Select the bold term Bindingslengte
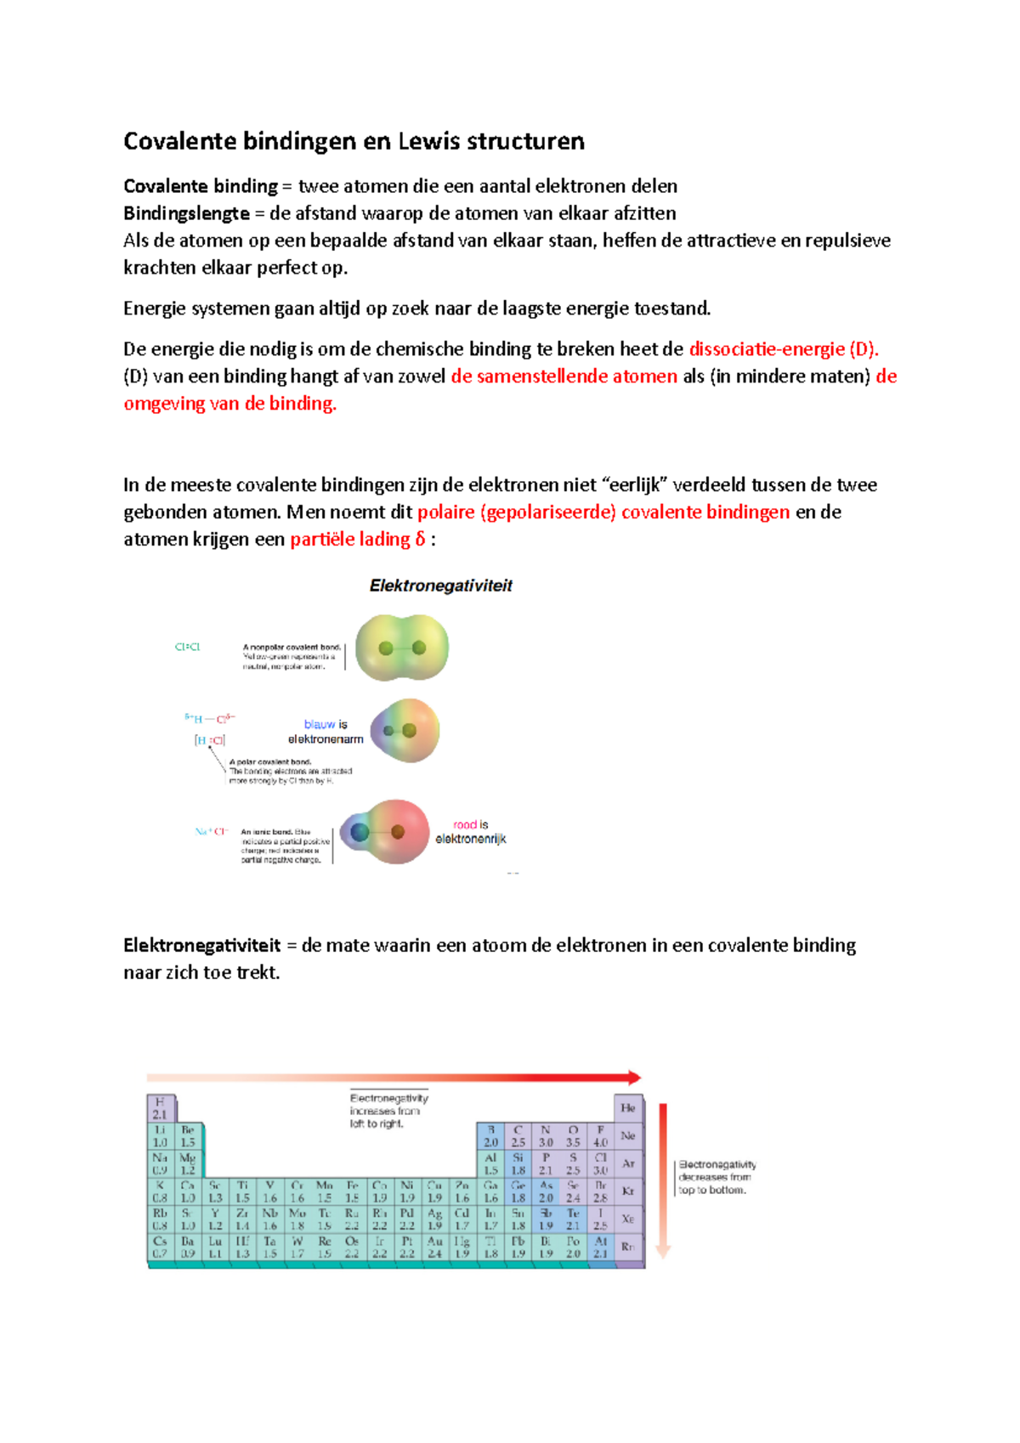186,213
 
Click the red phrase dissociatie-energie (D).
783,349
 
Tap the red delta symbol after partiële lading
420,540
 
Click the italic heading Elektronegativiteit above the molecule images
440,586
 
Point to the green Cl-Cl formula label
187,647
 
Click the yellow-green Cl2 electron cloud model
402,648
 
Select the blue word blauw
319,725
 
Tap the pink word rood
464,824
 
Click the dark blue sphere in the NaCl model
360,832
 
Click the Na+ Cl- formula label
211,831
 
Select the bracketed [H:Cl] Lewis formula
209,740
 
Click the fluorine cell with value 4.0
600,1136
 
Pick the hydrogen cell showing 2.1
160,1108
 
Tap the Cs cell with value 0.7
160,1248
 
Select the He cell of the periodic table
628,1108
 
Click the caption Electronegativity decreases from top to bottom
716,1177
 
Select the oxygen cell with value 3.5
573,1136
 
